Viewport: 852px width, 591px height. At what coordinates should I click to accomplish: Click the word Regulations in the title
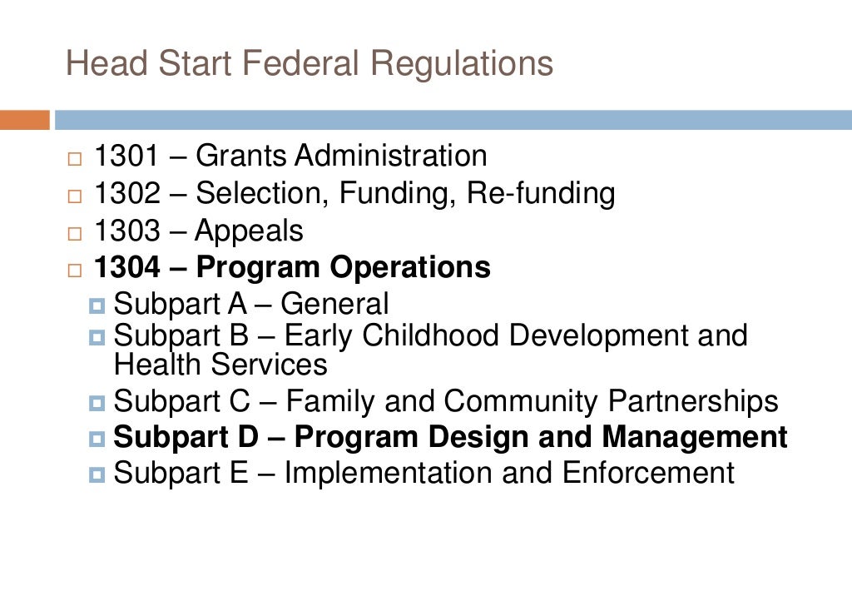tap(462, 65)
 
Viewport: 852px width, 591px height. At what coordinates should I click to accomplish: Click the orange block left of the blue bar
tap(24, 120)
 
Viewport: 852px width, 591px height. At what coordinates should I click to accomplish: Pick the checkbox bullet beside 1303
tap(76, 233)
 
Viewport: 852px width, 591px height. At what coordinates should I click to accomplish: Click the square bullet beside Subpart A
tap(97, 306)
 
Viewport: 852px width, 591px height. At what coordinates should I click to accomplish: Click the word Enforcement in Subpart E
tap(648, 473)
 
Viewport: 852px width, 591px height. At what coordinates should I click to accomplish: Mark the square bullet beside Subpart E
tap(97, 475)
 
